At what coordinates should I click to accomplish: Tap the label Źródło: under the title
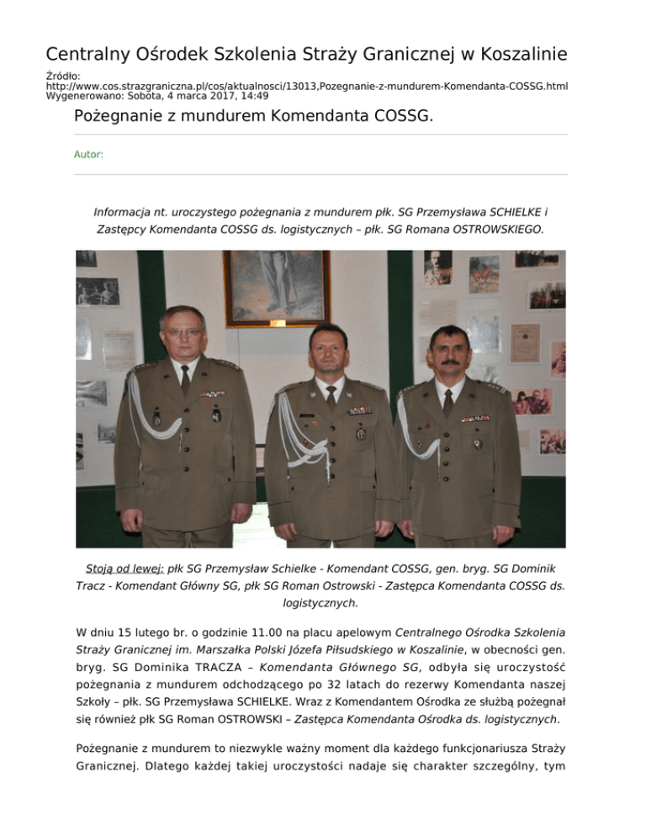coord(62,76)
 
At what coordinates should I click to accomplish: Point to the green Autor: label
coord(88,155)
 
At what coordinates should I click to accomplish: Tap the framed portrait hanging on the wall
coord(277,286)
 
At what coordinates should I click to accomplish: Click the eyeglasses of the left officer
coord(184,333)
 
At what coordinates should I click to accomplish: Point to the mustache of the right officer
coord(449,362)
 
